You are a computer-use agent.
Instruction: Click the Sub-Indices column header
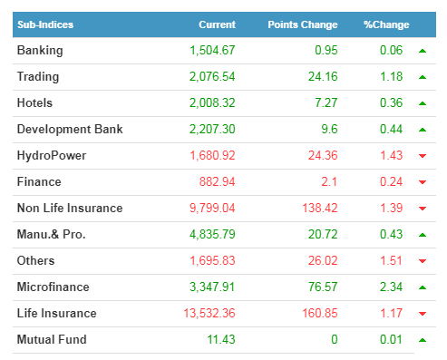(45, 24)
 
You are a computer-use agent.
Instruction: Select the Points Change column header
(303, 24)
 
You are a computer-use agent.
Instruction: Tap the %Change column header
(386, 24)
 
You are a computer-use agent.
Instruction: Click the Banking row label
(40, 51)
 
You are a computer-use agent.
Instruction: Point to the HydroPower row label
(52, 156)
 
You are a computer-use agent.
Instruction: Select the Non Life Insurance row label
(70, 208)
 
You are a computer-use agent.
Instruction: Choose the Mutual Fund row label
(52, 339)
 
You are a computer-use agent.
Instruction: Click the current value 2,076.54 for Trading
(212, 77)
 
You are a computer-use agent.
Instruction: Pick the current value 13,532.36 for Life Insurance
(209, 313)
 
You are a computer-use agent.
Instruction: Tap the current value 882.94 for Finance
(217, 181)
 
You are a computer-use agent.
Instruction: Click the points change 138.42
(320, 208)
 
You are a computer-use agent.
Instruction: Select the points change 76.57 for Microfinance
(323, 287)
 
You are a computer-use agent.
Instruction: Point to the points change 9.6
(329, 129)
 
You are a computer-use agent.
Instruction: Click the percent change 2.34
(391, 287)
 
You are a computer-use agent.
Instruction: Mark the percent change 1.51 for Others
(391, 260)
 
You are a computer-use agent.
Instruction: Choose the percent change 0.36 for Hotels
(391, 102)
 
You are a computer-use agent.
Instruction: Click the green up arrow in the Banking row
(423, 51)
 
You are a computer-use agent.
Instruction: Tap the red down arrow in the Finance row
(423, 182)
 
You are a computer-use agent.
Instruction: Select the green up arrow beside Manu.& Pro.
(423, 235)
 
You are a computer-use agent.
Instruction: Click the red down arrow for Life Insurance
(423, 314)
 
